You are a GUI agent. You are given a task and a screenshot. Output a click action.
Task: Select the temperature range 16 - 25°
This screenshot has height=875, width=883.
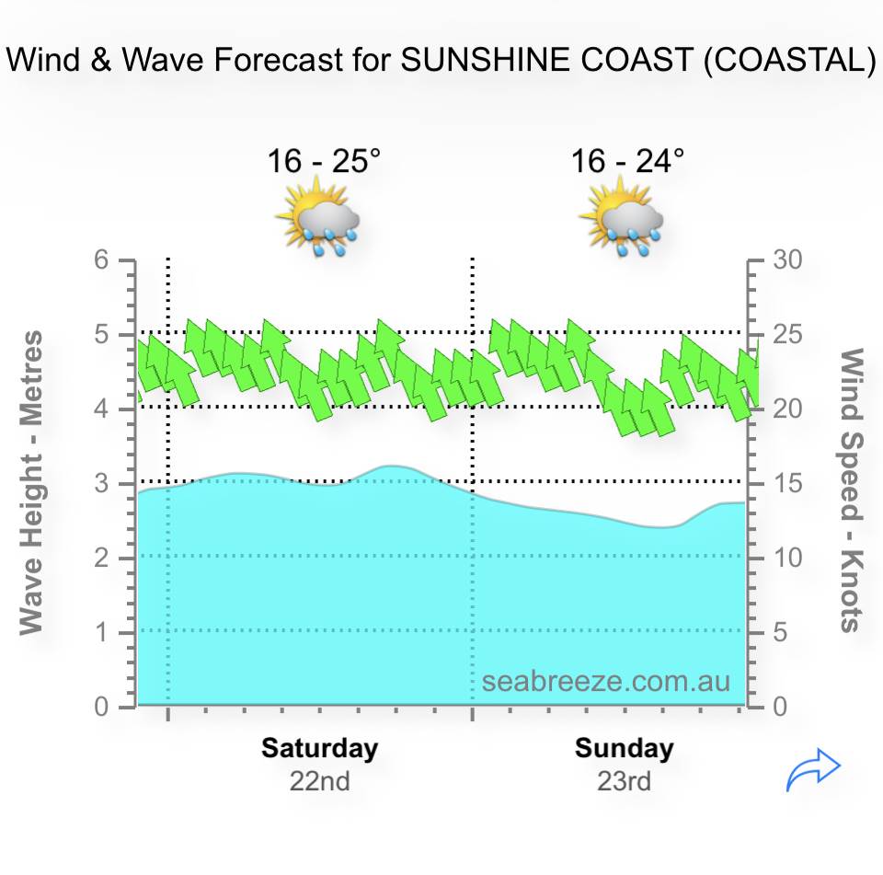(323, 162)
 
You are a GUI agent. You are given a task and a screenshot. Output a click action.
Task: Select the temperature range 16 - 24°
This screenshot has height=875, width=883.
(627, 162)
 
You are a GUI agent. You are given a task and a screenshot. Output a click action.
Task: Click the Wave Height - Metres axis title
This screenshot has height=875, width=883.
(31, 482)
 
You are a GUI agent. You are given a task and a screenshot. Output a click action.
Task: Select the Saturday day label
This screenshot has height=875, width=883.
(319, 748)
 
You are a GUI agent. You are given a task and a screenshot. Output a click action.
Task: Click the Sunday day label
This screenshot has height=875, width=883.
(625, 748)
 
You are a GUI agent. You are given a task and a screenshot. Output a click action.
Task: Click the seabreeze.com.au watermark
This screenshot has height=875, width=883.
(606, 682)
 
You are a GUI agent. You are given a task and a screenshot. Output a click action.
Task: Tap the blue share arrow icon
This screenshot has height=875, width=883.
(814, 771)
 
